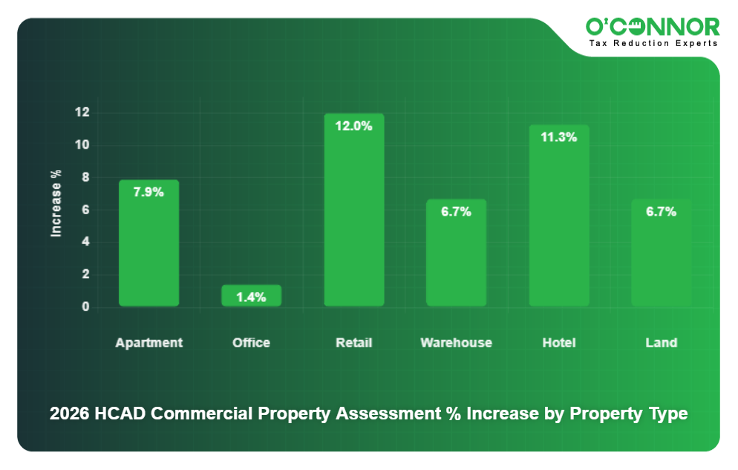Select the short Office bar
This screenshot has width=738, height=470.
point(251,296)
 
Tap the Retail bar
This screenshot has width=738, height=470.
point(353,216)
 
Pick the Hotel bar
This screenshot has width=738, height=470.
point(558,223)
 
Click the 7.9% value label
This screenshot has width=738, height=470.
point(148,192)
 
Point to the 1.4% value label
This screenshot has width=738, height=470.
point(251,297)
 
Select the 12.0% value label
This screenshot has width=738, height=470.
point(353,126)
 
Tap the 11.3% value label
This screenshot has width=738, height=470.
point(558,137)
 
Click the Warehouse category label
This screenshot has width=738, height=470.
point(456,343)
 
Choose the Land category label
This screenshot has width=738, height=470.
point(661,343)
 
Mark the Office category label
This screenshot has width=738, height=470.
point(251,343)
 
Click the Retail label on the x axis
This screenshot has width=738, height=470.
point(353,343)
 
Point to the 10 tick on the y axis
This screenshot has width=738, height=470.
point(82,145)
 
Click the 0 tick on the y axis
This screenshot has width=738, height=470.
point(85,306)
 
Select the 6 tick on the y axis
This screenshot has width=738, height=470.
point(85,210)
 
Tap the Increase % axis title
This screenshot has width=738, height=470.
point(56,204)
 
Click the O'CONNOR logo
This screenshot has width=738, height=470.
point(652,28)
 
